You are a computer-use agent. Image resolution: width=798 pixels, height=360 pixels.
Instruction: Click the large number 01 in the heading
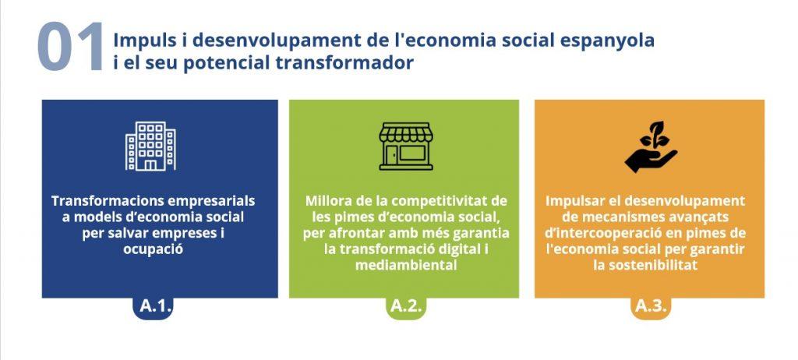pyautogui.click(x=70, y=47)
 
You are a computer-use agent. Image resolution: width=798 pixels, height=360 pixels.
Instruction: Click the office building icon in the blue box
pyautogui.click(x=150, y=146)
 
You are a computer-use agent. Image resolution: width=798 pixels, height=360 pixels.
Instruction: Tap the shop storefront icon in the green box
pyautogui.click(x=405, y=146)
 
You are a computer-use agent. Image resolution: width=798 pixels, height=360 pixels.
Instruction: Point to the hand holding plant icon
pyautogui.click(x=651, y=146)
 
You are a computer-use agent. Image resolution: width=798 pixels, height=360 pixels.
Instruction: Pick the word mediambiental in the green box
pyautogui.click(x=405, y=265)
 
